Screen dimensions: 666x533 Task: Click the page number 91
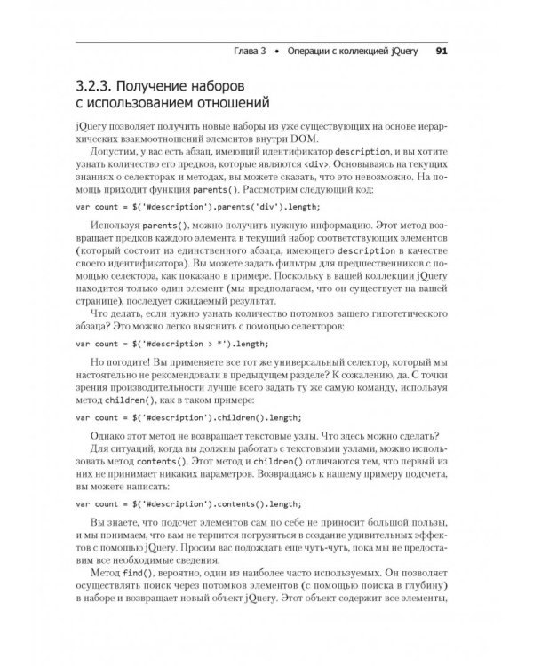tap(441, 51)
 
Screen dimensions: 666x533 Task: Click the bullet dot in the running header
tap(277, 51)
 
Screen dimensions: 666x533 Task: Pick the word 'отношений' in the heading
tap(226, 107)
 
